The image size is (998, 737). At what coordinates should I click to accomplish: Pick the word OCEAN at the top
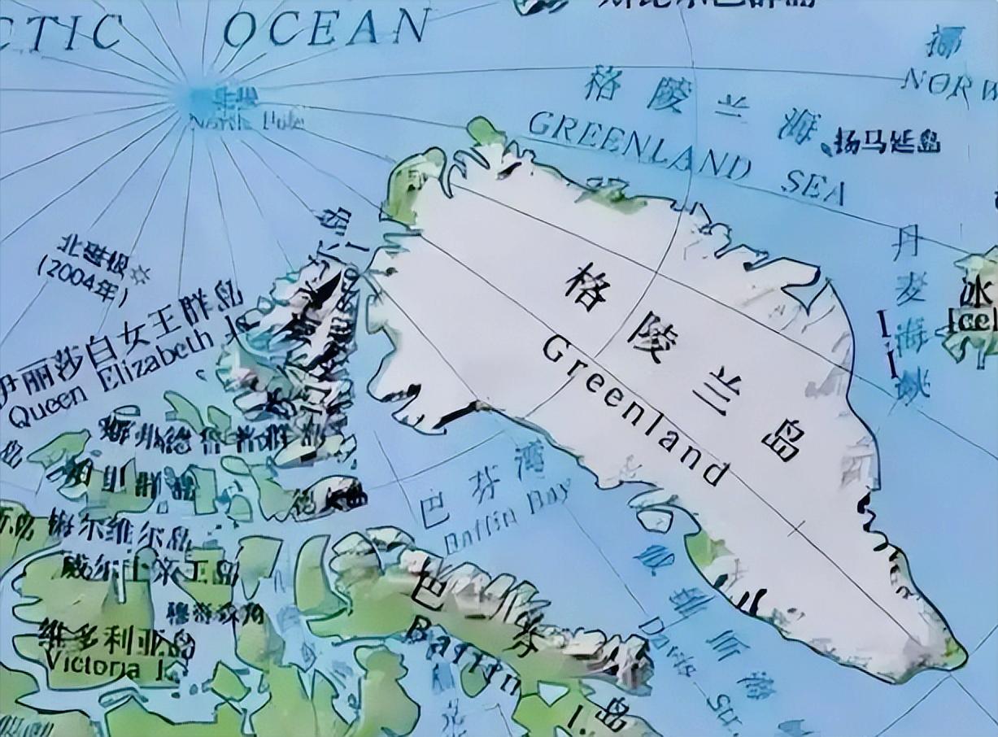click(x=325, y=28)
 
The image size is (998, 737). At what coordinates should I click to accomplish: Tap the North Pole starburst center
click(x=195, y=98)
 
